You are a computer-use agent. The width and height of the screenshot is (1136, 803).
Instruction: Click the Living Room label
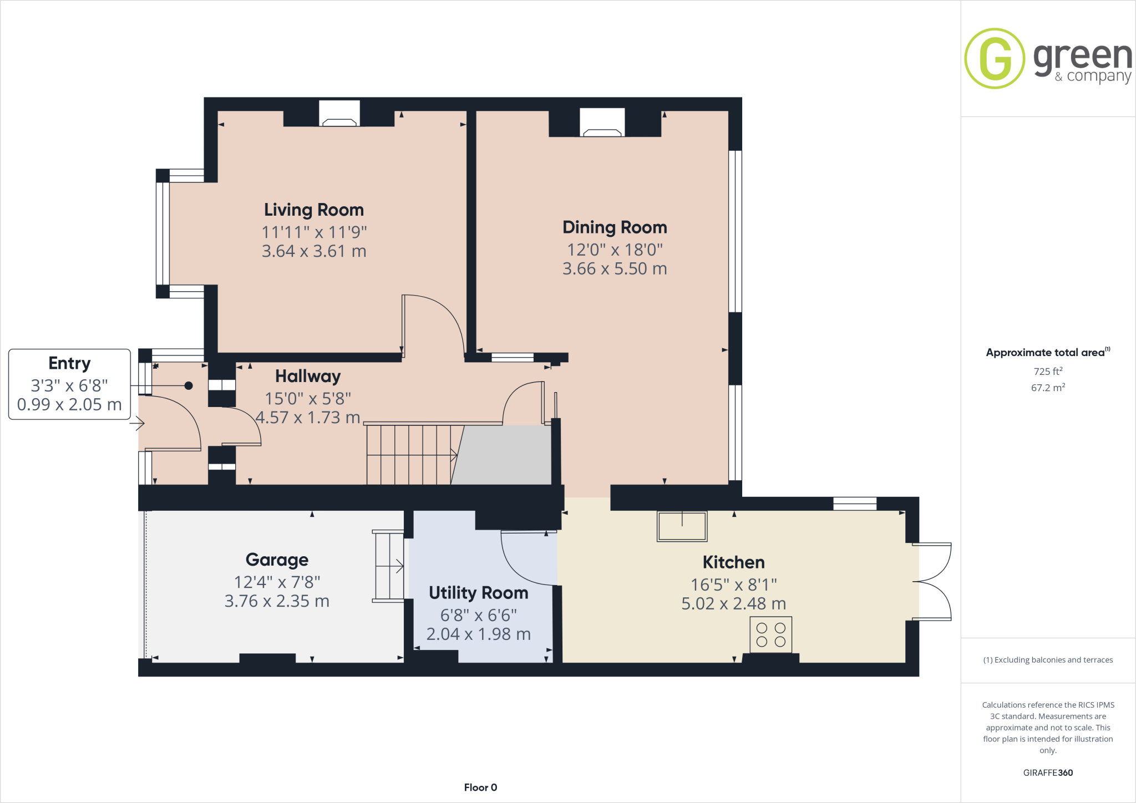[314, 210]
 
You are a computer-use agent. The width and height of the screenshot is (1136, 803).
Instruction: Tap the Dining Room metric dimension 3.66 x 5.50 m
[615, 269]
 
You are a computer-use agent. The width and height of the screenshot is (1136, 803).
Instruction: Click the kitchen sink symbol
[682, 526]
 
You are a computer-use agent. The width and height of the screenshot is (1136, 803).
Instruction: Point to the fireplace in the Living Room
[339, 114]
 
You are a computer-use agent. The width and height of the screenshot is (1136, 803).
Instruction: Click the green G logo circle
[995, 58]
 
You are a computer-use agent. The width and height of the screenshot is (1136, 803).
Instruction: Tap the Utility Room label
[478, 593]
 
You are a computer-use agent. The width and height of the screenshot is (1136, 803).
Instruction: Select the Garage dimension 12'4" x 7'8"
[277, 582]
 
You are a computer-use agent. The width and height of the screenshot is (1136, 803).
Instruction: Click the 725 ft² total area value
[1048, 372]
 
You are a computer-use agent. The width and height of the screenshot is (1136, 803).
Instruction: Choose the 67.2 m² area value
[1048, 388]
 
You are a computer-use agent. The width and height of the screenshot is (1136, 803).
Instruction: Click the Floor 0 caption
[480, 787]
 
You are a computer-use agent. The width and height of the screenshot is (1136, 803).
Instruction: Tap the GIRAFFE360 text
[1048, 772]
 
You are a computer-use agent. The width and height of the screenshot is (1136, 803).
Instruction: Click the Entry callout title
[69, 363]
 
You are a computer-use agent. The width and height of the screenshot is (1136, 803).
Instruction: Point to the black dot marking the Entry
[189, 385]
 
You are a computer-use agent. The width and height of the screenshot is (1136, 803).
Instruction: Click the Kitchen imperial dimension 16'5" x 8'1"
[733, 585]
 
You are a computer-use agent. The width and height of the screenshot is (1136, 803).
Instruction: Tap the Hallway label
[308, 377]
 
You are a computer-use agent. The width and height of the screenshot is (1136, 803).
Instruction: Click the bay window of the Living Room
[163, 233]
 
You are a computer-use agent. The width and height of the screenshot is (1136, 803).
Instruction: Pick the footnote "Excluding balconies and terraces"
[1048, 660]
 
